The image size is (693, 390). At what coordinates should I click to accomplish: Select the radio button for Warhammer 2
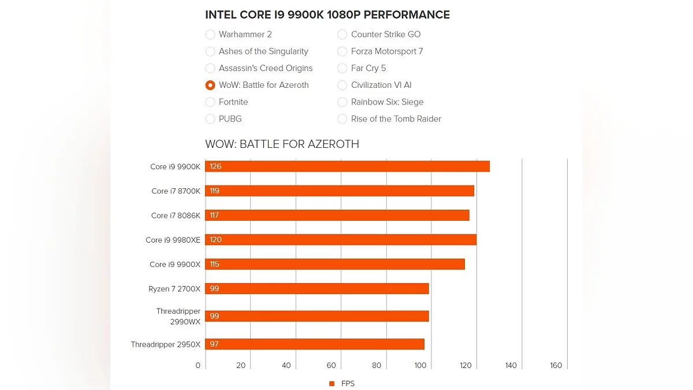[x=210, y=35]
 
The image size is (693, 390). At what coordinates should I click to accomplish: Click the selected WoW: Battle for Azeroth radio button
[x=210, y=85]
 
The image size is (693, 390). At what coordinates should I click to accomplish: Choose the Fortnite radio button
[x=210, y=102]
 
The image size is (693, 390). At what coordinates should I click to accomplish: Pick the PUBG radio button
[x=210, y=119]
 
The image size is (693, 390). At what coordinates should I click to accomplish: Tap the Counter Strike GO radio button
[x=342, y=35]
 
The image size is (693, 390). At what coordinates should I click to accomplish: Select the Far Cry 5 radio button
[x=342, y=68]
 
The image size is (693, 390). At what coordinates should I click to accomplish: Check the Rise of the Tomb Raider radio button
[x=342, y=119]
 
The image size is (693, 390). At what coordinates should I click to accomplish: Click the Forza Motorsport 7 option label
[x=387, y=51]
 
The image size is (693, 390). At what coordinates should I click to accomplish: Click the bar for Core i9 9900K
[x=347, y=166]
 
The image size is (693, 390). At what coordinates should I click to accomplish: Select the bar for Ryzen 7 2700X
[x=317, y=289]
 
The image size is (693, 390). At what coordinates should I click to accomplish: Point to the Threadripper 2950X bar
[x=315, y=344]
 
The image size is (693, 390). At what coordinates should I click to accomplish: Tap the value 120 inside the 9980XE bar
[x=215, y=240]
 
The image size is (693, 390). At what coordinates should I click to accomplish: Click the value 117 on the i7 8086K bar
[x=215, y=216]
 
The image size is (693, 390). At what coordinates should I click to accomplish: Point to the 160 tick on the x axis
[x=556, y=365]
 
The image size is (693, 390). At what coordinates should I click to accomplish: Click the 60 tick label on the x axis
[x=331, y=365]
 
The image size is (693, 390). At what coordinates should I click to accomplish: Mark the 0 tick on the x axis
[x=198, y=365]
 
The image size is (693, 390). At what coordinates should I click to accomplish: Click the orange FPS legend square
[x=331, y=384]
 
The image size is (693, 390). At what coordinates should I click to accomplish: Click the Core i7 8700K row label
[x=176, y=191]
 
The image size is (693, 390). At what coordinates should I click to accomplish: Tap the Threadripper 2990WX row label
[x=178, y=316]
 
